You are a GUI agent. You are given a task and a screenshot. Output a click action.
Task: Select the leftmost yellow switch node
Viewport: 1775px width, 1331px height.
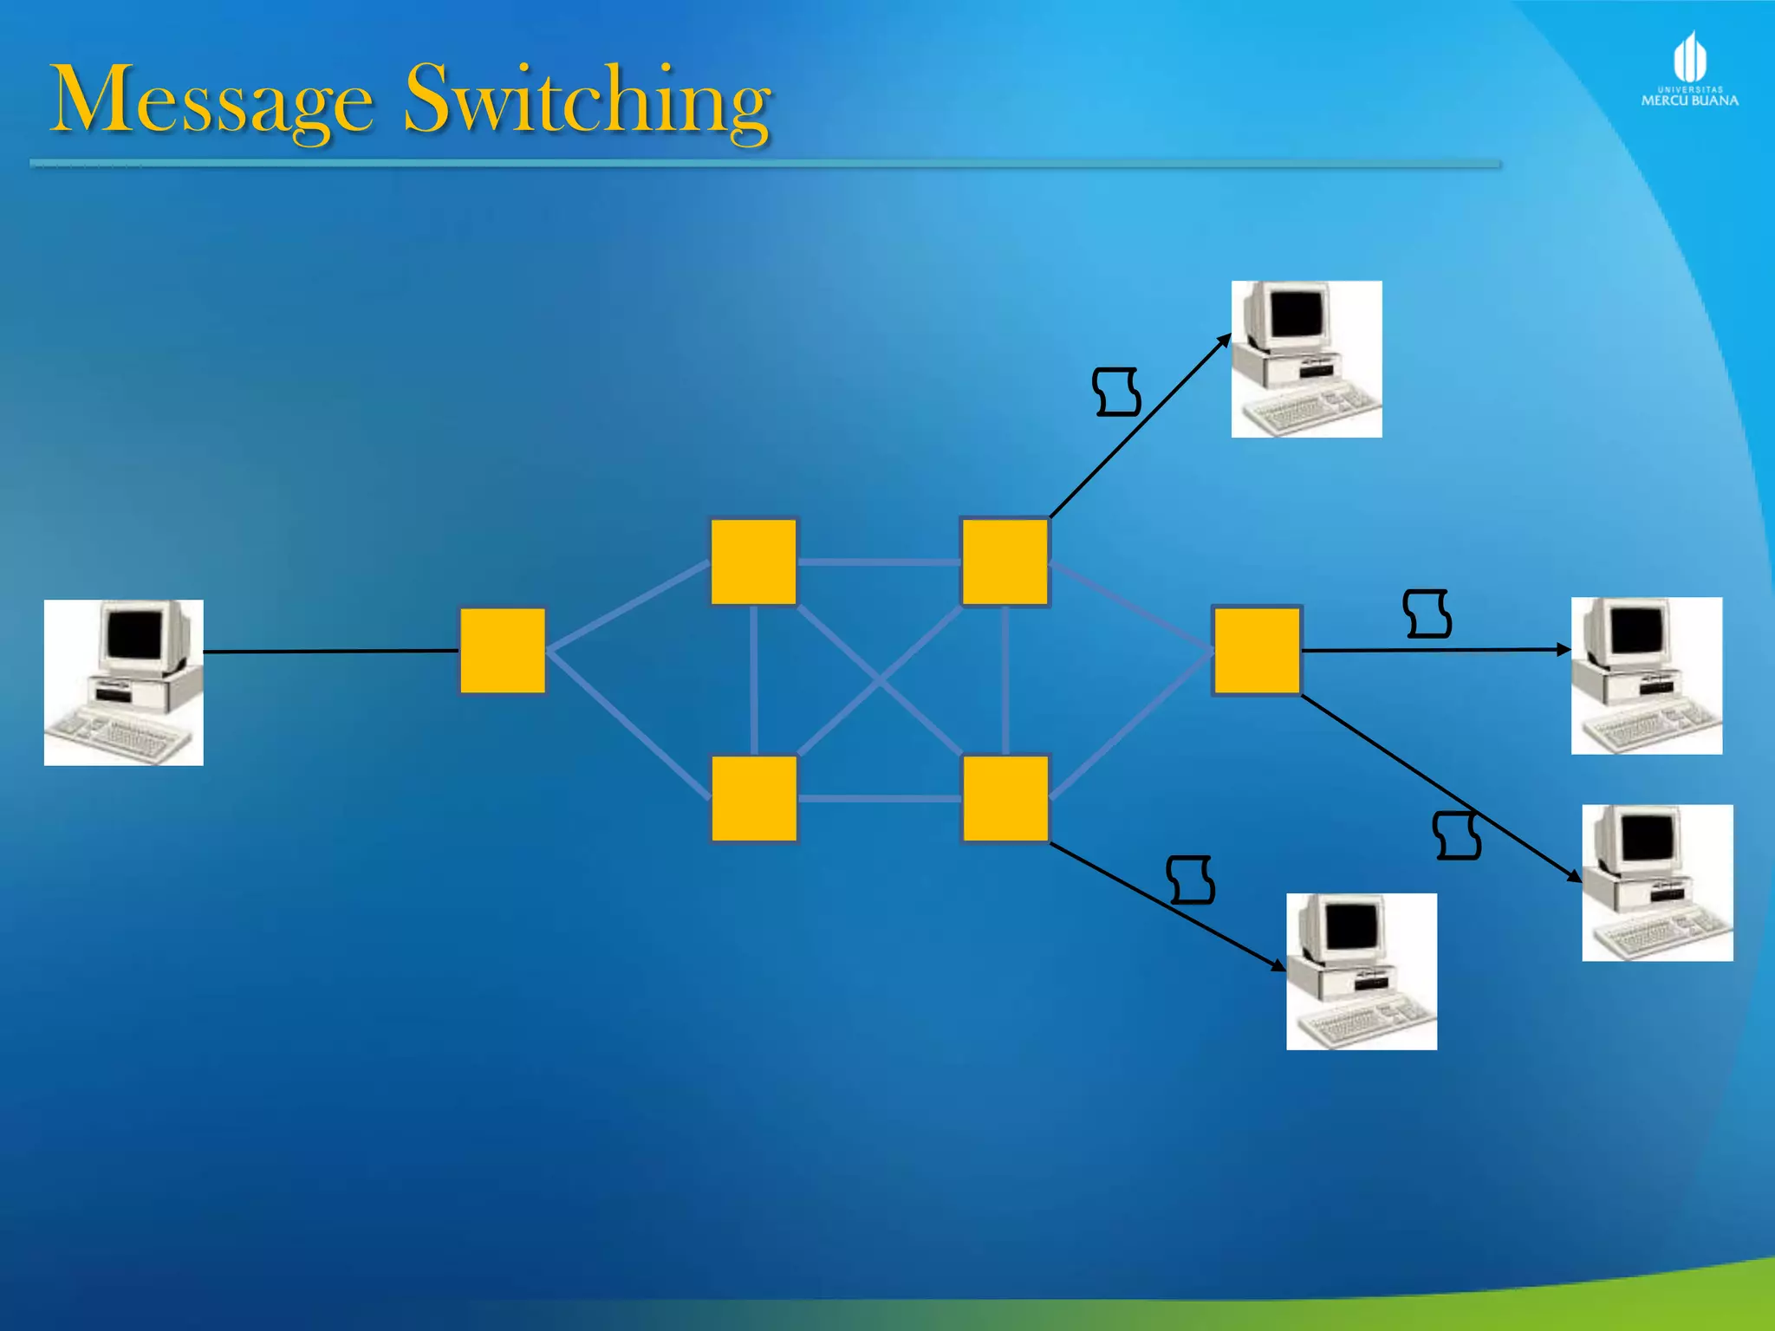coord(503,651)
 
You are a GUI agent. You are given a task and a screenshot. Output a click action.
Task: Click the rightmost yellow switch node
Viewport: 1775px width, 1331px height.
coord(1257,650)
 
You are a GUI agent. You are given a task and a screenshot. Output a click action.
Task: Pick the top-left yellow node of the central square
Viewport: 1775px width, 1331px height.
coord(754,562)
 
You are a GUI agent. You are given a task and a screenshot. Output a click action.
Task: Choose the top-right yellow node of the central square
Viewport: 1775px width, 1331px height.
coord(1005,562)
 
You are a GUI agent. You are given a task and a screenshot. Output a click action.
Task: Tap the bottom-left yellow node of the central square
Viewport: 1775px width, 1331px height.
coord(754,798)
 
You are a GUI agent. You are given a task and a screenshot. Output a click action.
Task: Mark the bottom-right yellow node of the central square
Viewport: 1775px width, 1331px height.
coord(1005,798)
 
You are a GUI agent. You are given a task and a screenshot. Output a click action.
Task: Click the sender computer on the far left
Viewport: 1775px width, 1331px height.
coord(124,682)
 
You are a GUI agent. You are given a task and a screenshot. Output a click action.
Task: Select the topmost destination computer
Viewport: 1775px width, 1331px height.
coord(1306,359)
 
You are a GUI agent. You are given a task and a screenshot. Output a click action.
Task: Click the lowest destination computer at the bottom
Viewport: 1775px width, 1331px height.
coord(1362,971)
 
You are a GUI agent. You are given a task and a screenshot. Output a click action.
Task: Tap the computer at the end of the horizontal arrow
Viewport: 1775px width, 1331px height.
coord(1647,675)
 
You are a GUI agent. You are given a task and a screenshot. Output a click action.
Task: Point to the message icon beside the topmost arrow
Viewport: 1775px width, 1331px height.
coord(1116,392)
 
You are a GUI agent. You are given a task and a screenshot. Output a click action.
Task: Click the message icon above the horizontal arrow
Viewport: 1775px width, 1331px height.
coord(1427,614)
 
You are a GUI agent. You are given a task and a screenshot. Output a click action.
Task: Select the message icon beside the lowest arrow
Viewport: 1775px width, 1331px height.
coord(1190,880)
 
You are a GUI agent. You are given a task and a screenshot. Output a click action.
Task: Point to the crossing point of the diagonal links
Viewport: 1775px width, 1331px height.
coord(879,681)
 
